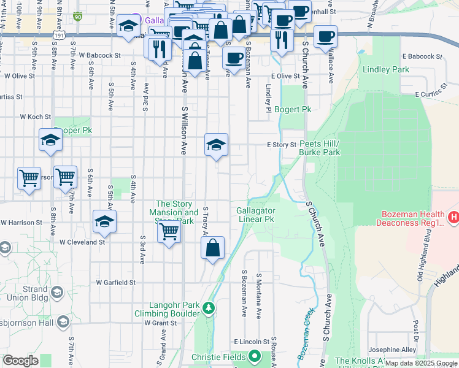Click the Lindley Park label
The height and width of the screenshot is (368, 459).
pos(385,70)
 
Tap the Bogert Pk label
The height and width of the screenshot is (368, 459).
pos(293,109)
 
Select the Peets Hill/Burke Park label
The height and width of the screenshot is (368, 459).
pos(320,147)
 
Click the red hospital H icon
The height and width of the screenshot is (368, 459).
pos(453,217)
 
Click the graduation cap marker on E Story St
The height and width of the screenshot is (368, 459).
pos(216,145)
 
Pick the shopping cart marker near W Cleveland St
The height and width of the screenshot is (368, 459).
pos(169,232)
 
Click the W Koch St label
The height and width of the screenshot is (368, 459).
pos(35,116)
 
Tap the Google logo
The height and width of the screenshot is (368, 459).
pos(20,361)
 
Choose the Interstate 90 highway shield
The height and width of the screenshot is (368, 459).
pos(77,17)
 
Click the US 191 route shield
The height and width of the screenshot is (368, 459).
pos(57,36)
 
